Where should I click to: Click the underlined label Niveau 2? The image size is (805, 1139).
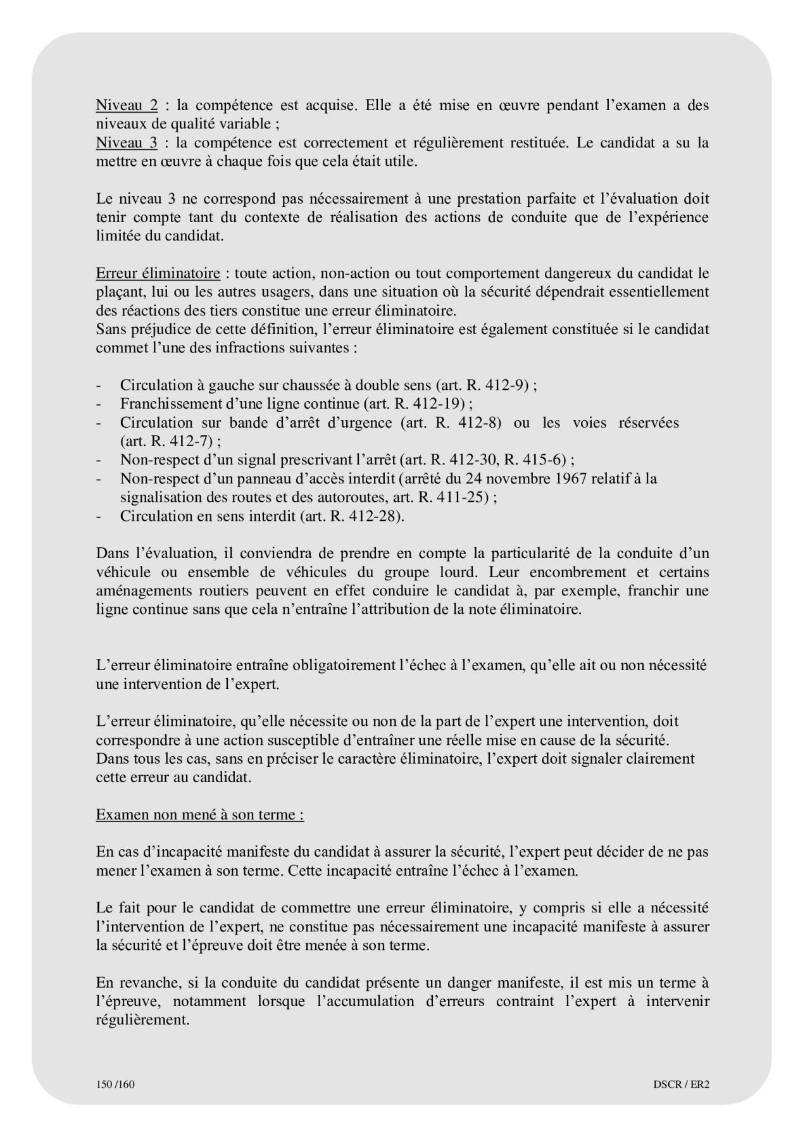[x=127, y=105]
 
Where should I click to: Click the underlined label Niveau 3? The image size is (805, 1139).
[x=127, y=142]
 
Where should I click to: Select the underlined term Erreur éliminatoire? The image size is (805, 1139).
[x=158, y=273]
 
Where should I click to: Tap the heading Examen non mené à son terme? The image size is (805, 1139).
[x=199, y=814]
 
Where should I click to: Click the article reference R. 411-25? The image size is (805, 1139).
[x=451, y=497]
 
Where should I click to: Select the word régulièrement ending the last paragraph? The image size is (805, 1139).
[x=142, y=1020]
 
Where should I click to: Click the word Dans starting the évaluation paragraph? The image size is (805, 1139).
[x=112, y=553]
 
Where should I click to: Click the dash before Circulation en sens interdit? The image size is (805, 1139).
[x=99, y=516]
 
